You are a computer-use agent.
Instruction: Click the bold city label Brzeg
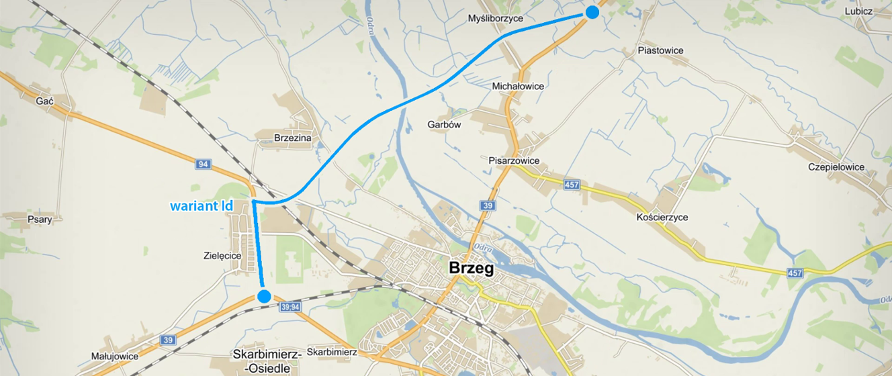coord(471,269)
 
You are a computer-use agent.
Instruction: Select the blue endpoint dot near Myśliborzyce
coord(592,12)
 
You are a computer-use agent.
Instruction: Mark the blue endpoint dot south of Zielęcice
coord(264,296)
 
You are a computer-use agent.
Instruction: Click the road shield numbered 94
coord(204,164)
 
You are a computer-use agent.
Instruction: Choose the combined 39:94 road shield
coord(290,307)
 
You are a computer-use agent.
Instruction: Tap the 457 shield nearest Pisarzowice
coord(572,184)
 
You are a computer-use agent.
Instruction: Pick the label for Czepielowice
coord(836,167)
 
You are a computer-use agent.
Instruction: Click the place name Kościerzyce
coord(662,218)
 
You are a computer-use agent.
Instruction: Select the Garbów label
coord(444,124)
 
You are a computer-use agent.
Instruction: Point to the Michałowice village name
coord(518,86)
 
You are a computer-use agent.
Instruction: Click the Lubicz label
coord(858,11)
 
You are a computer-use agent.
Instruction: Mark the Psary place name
coord(40,219)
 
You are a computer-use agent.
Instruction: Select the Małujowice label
coord(114,357)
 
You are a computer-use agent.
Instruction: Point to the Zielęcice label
coord(222,255)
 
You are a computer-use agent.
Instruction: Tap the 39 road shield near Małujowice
coord(168,340)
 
